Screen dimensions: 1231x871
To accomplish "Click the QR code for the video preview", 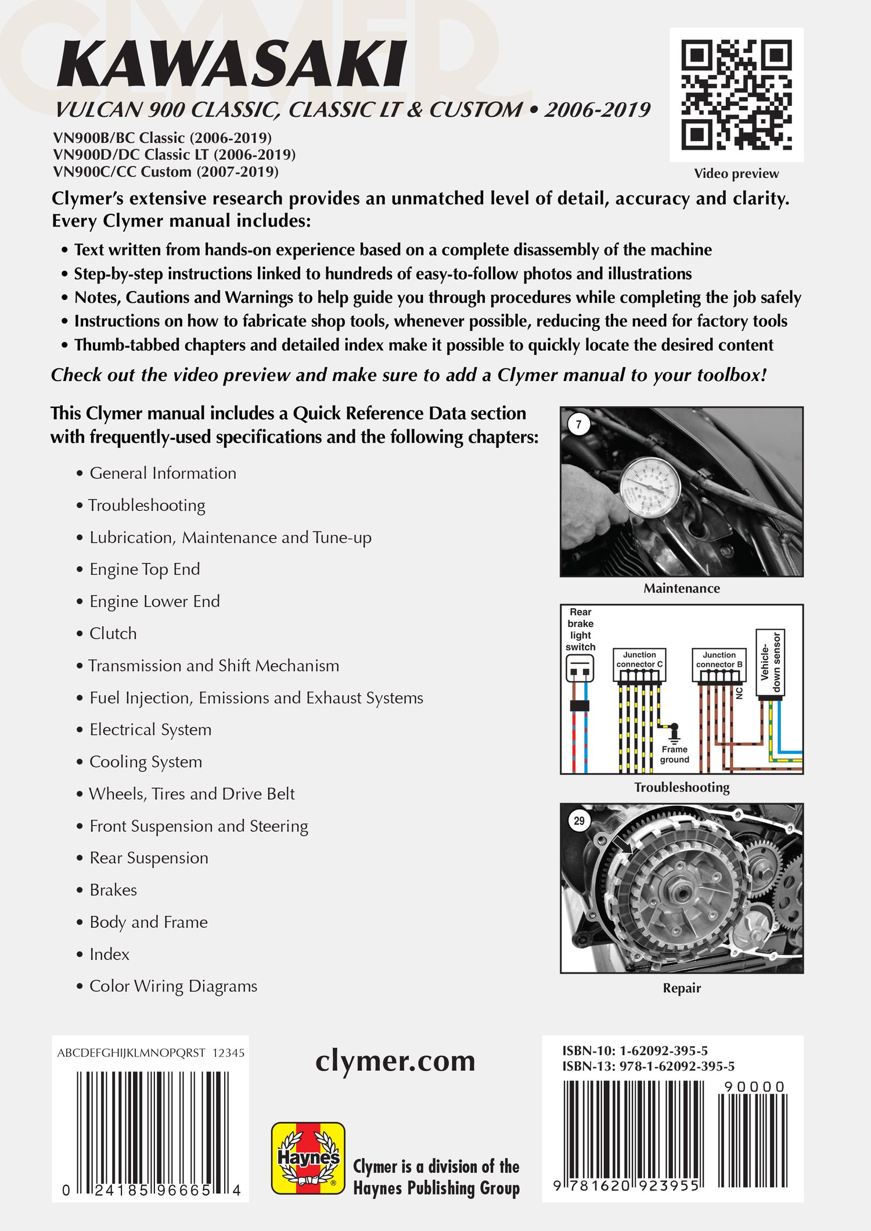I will (x=736, y=94).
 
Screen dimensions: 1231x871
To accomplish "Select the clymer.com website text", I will (x=395, y=1061).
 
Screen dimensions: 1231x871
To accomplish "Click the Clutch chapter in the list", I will (x=113, y=633).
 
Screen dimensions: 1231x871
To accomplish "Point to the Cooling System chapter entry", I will (x=145, y=762).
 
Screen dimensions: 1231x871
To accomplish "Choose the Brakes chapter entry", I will (x=113, y=890).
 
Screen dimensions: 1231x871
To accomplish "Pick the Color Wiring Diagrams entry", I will (x=173, y=986).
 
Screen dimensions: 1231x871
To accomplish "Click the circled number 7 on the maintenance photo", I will (x=578, y=424).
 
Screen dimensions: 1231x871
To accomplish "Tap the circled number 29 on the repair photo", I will (x=579, y=821).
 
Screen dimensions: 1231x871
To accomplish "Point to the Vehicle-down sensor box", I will (x=770, y=663).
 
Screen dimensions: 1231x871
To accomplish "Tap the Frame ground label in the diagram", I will (x=674, y=754).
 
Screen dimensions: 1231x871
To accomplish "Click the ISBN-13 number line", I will (x=648, y=1066).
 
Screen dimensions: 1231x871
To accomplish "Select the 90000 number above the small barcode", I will (x=754, y=1086).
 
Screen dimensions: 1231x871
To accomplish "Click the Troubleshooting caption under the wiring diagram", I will (x=682, y=787).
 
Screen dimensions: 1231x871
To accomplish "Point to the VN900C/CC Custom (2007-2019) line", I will (x=165, y=172).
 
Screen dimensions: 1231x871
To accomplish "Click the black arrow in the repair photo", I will (x=622, y=845).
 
